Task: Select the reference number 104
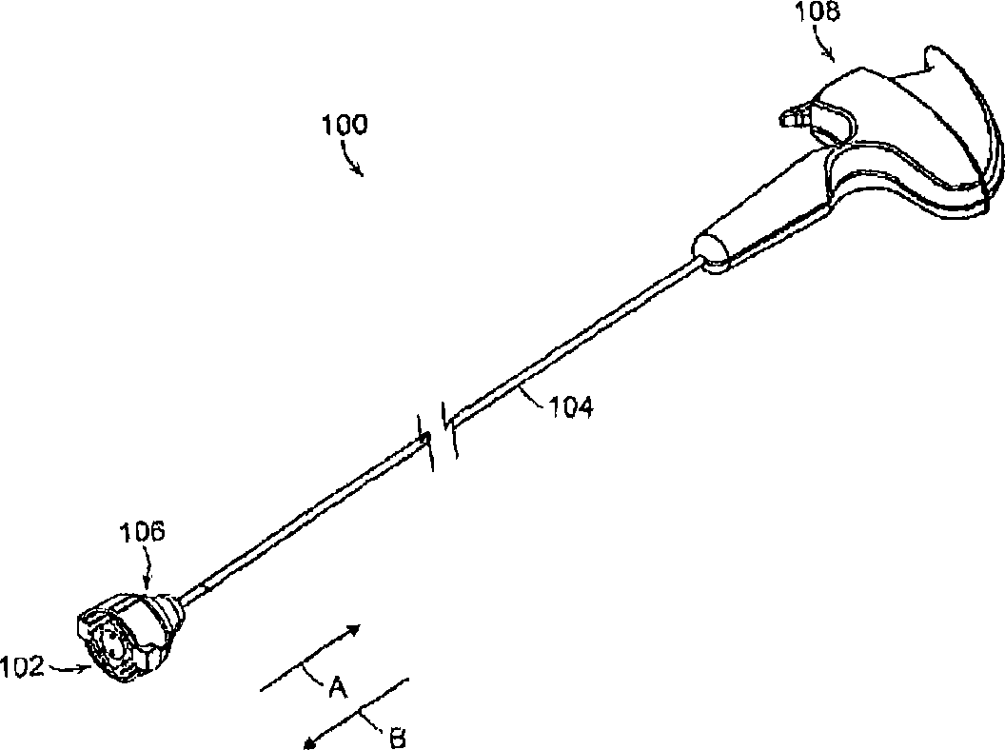571,407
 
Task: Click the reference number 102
22,667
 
